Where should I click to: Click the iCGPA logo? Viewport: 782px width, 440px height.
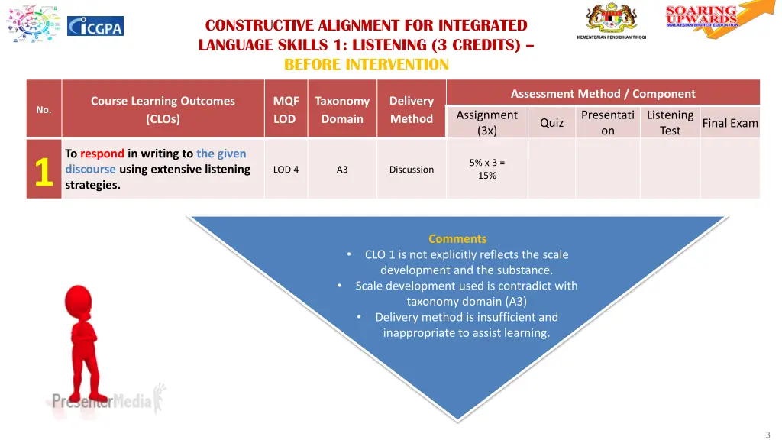[x=95, y=26]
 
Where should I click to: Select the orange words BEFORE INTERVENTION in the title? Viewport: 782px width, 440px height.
[x=366, y=64]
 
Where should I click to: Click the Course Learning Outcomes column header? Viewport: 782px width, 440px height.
[x=163, y=109]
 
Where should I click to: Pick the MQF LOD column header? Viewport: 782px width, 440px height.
[x=286, y=109]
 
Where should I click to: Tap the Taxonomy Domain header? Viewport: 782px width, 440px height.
[x=342, y=109]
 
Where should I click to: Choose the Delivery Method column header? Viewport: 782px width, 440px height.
[x=412, y=109]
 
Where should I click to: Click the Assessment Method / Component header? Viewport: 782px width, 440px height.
[x=603, y=93]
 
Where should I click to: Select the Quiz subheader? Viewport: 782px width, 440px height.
[x=551, y=122]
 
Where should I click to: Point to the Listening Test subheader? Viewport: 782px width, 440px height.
[x=670, y=122]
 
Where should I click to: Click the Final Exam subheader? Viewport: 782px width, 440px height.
[x=730, y=122]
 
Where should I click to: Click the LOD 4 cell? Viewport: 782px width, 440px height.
[x=286, y=170]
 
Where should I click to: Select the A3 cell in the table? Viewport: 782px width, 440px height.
[x=342, y=170]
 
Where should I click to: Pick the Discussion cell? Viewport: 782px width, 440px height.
[x=412, y=170]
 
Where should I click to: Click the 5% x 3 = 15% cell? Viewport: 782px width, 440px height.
[x=487, y=169]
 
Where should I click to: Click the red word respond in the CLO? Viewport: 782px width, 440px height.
[x=102, y=154]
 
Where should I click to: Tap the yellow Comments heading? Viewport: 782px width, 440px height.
[x=457, y=238]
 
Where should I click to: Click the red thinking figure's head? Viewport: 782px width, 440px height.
[x=79, y=300]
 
